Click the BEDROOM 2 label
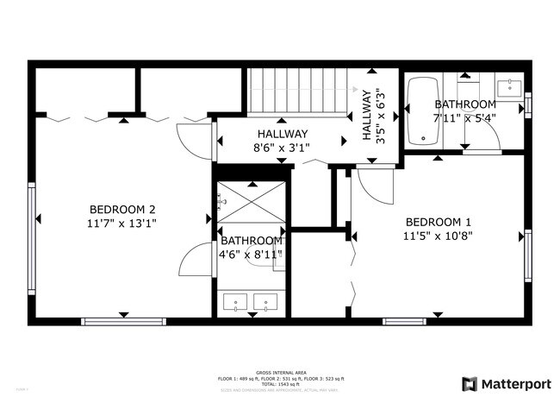click(x=122, y=209)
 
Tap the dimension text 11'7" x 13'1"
click(x=122, y=223)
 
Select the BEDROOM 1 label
click(x=439, y=220)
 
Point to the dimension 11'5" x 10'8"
click(x=439, y=234)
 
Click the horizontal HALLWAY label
click(x=282, y=134)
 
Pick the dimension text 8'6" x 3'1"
click(x=282, y=148)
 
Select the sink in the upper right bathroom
click(x=509, y=86)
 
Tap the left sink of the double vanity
click(x=235, y=303)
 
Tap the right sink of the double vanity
click(x=267, y=303)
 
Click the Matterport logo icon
click(x=470, y=382)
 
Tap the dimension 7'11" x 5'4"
click(x=465, y=119)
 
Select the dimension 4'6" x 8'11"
click(x=250, y=254)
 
